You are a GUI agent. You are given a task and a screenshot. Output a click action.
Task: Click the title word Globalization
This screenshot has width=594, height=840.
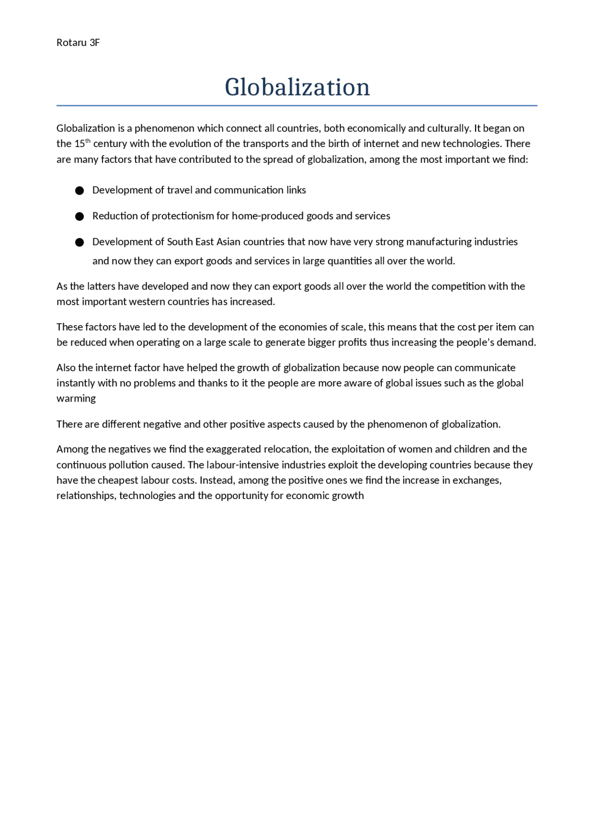[297, 87]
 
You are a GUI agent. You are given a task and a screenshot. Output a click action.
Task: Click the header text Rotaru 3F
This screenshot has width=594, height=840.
[78, 43]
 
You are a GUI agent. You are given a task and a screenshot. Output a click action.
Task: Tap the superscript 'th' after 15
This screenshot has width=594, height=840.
[88, 141]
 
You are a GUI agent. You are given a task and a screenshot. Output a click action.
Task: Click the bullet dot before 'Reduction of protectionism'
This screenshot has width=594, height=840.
[79, 217]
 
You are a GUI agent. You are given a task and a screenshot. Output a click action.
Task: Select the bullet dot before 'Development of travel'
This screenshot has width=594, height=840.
[79, 191]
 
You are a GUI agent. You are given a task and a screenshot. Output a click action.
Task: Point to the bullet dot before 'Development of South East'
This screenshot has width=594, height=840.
[79, 243]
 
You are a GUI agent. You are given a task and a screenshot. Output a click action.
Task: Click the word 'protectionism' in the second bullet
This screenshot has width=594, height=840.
[183, 216]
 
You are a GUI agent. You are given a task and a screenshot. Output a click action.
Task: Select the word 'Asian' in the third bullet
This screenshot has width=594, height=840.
[228, 242]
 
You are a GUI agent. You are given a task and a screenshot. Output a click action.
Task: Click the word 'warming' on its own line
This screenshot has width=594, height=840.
[76, 398]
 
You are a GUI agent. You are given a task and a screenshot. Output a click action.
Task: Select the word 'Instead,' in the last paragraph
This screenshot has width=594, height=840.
[217, 480]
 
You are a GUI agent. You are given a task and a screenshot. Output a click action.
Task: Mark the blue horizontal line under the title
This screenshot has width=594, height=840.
[297, 106]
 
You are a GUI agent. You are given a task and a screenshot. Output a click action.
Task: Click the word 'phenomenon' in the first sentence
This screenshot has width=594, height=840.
[164, 128]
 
